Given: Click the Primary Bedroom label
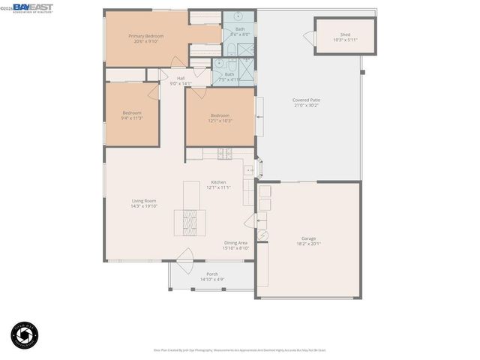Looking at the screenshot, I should pyautogui.click(x=145, y=36).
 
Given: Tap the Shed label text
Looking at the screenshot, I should pyautogui.click(x=345, y=34).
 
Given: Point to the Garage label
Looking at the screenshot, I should pyautogui.click(x=308, y=238).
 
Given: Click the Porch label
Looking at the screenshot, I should pyautogui.click(x=212, y=274).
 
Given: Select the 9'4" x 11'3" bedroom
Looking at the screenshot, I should pyautogui.click(x=132, y=115).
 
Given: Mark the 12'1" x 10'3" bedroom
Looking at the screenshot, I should pyautogui.click(x=220, y=118).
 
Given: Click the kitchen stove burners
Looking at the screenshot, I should pyautogui.click(x=223, y=154).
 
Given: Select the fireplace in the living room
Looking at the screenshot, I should pyautogui.click(x=188, y=223).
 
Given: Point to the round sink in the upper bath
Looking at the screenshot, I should pyautogui.click(x=238, y=15).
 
